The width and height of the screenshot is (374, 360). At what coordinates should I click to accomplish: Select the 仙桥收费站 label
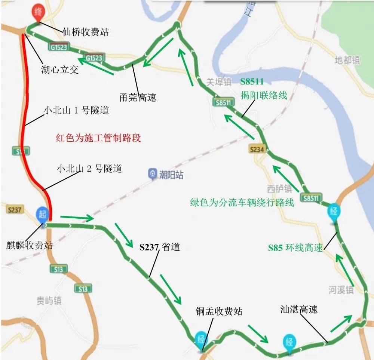pos(86,32)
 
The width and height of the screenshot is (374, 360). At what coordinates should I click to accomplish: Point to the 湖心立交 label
pos(60,70)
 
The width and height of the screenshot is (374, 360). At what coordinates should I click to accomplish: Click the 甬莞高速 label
pos(138,98)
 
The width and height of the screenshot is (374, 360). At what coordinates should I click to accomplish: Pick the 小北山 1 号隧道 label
pos(76,111)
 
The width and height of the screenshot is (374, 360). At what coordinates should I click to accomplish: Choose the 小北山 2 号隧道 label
pos(89,169)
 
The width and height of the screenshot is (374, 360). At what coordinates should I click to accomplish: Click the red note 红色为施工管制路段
pos(98,138)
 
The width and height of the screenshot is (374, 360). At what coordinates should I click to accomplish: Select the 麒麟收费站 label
pos(30,245)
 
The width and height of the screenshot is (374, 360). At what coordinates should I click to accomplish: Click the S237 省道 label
pos(160,247)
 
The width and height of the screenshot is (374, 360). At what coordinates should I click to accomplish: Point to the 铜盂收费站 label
pos(219,311)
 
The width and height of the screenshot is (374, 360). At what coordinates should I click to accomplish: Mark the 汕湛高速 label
pos(299,310)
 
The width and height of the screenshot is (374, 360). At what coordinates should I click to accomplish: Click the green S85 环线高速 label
pos(295,248)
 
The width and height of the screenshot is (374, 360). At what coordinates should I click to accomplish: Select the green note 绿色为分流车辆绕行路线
pos(242,203)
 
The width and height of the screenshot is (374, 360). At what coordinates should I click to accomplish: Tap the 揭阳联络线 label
pos(264,95)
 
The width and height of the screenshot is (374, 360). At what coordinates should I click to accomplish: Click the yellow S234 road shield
pos(257,150)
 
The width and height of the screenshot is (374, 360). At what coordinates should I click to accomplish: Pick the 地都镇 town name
pos(347,59)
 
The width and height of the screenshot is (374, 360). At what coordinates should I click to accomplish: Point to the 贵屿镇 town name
pos(49,301)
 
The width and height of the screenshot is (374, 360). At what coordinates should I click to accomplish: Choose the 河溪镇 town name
pos(341,290)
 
